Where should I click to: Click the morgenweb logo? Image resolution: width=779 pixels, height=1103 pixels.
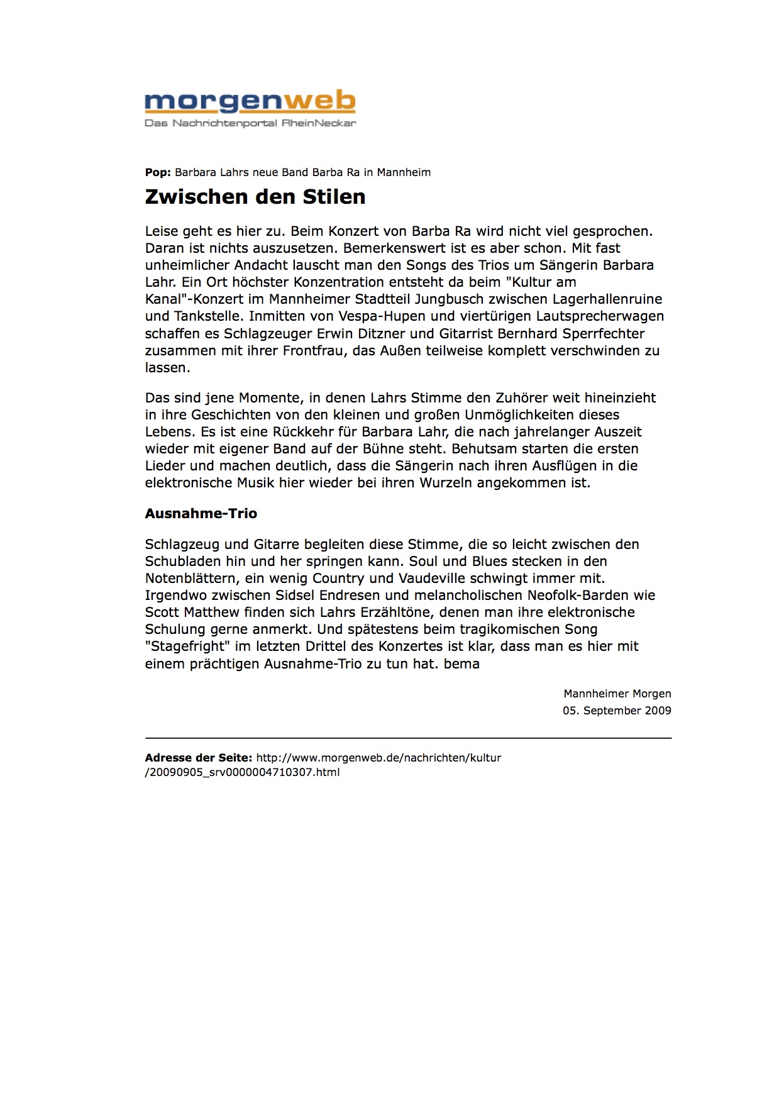tap(250, 101)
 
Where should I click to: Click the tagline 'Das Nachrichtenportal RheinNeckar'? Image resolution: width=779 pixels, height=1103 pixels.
tap(250, 123)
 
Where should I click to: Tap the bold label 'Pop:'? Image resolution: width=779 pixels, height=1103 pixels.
tap(158, 172)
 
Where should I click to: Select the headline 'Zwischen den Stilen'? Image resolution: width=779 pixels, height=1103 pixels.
tap(255, 197)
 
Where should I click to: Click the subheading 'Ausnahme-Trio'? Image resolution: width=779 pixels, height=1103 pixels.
tap(201, 514)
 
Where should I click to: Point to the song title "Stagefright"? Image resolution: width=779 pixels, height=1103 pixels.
tap(187, 646)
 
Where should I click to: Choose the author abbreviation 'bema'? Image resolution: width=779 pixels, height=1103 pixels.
tap(461, 664)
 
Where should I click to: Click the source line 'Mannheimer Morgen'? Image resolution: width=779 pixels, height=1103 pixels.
tap(617, 694)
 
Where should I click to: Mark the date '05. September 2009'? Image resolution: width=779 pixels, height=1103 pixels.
tap(616, 711)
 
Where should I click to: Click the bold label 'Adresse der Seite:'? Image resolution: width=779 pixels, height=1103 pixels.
tap(198, 758)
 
